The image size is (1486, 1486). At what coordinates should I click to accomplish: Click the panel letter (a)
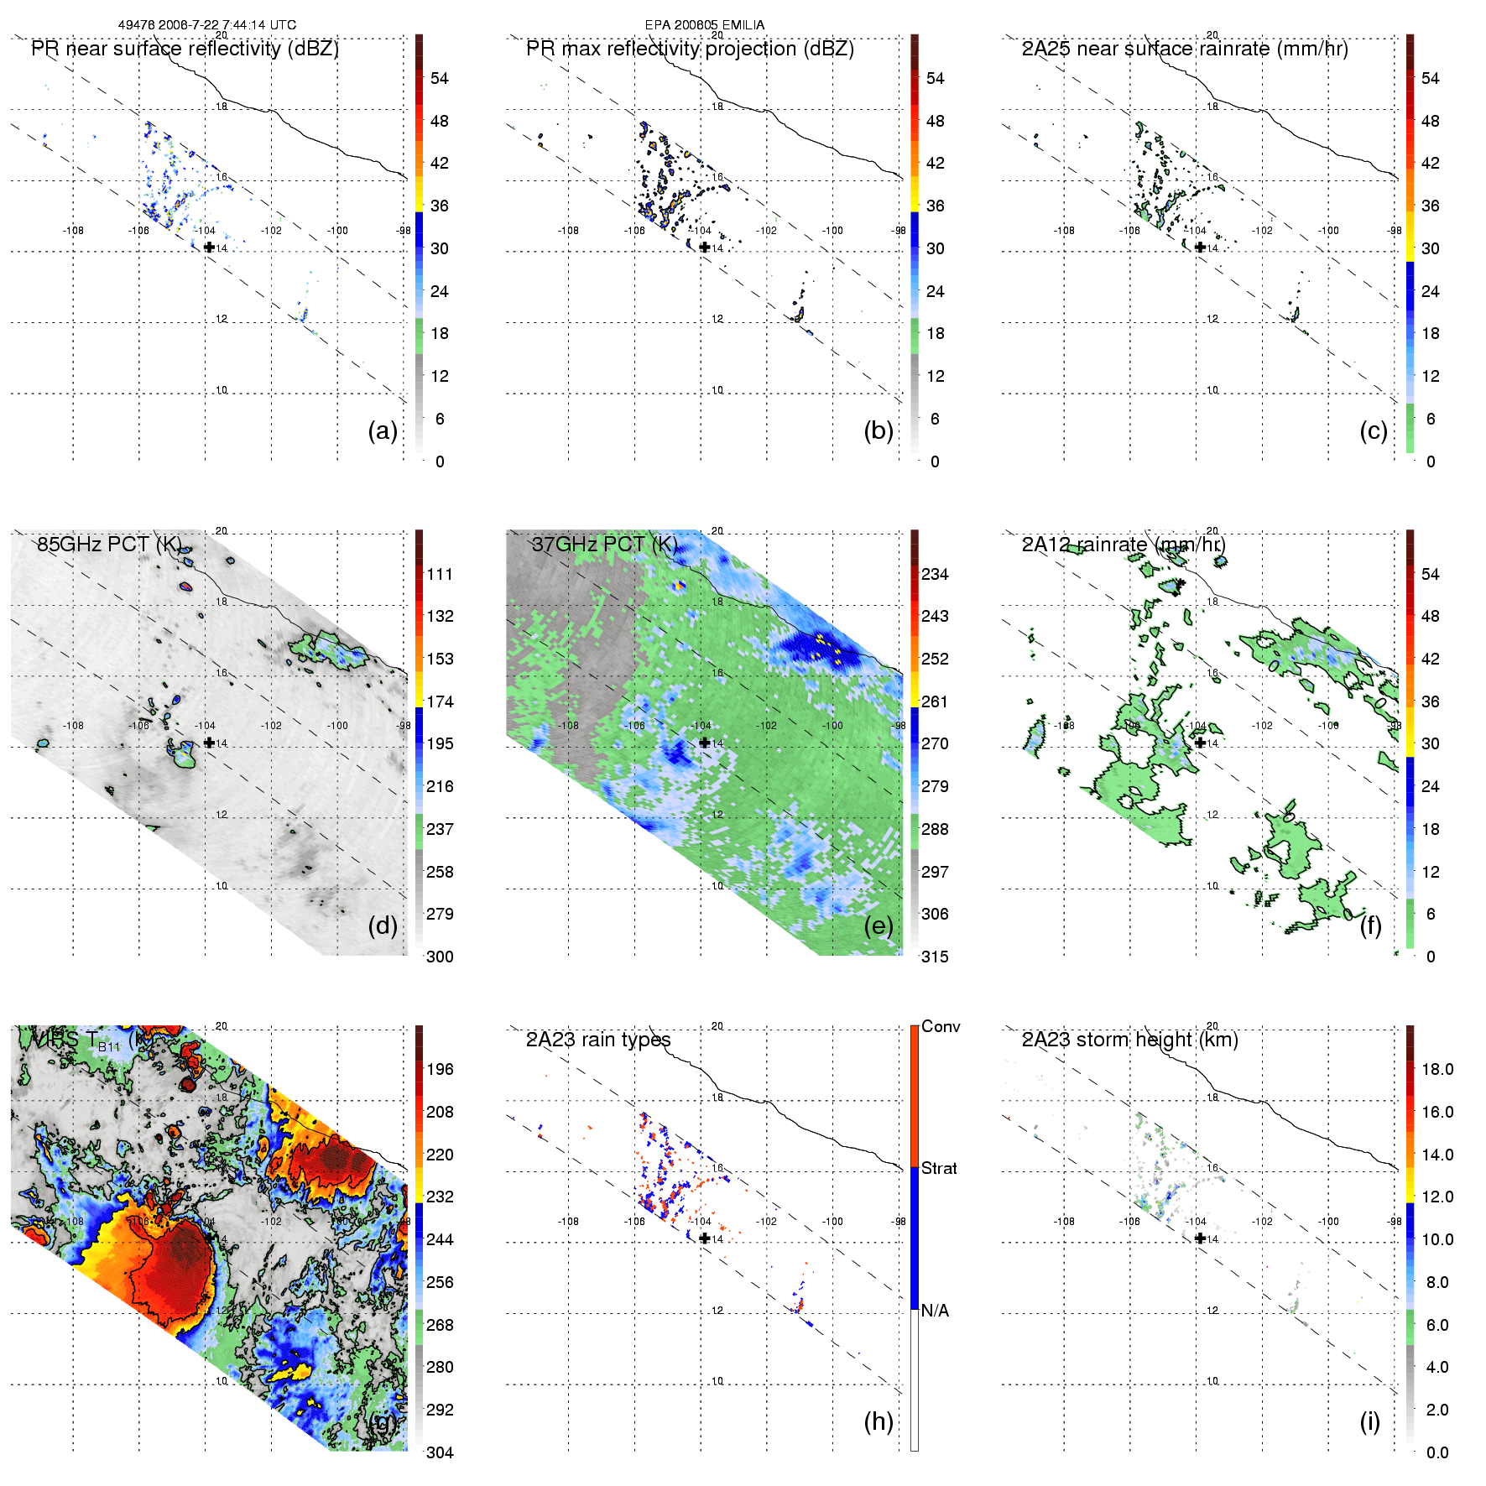(383, 430)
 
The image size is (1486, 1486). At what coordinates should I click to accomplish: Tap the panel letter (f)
(1370, 925)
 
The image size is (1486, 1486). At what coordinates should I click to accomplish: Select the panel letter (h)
(879, 1421)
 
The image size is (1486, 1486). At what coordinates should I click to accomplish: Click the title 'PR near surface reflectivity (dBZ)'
(185, 49)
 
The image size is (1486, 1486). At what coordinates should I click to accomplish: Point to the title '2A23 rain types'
(597, 1040)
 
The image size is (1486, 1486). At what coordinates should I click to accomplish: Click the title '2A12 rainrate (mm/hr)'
(1124, 545)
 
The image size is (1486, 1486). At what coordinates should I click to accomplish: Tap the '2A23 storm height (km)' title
(1129, 1040)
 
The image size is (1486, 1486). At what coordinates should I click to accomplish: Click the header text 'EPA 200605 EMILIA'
(705, 24)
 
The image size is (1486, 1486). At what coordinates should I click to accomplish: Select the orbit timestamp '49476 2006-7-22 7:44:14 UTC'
(206, 24)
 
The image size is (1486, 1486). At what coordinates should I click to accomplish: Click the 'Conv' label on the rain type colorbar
(941, 1026)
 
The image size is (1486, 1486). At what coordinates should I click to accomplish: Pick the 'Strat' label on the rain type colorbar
(939, 1168)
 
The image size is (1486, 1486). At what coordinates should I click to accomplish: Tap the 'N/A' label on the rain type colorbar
(935, 1311)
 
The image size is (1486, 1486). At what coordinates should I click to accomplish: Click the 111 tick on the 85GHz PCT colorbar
(440, 574)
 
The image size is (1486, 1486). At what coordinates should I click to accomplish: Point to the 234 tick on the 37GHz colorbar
(935, 574)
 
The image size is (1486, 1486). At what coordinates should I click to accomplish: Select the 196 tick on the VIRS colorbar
(440, 1069)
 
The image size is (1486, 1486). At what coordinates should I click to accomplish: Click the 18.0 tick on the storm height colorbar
(1437, 1069)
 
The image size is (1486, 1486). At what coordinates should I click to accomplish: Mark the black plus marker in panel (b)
(705, 247)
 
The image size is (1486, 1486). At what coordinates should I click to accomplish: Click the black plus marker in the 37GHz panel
(705, 743)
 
